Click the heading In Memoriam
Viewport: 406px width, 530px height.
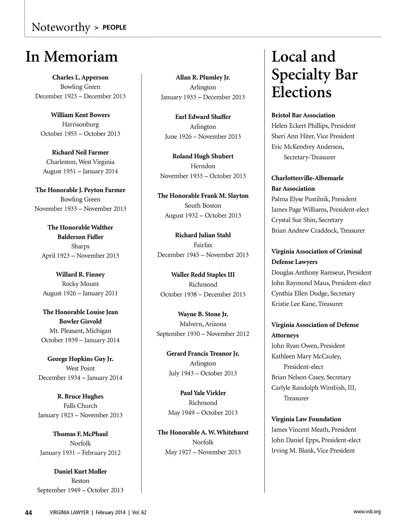click(72, 57)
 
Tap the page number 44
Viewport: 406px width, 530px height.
click(28, 513)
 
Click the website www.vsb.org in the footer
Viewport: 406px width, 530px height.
click(367, 512)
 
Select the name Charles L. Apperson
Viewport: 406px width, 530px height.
click(80, 78)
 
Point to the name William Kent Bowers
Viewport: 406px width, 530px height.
click(80, 115)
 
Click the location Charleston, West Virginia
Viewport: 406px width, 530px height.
click(80, 162)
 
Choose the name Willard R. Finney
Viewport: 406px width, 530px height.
click(80, 274)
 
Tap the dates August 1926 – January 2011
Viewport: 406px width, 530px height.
click(80, 293)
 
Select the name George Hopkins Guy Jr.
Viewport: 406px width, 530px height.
click(80, 359)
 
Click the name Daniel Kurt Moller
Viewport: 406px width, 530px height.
click(80, 471)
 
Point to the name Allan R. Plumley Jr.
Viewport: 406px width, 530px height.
click(203, 78)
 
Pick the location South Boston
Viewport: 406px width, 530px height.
click(203, 206)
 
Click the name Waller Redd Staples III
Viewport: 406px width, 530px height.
click(203, 275)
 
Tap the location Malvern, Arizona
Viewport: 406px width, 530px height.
click(203, 324)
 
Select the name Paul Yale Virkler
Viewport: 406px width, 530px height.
click(203, 393)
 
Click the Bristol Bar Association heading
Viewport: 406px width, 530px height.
click(303, 115)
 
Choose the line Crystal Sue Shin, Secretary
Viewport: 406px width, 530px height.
click(307, 220)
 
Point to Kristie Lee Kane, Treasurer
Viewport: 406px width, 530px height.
click(307, 304)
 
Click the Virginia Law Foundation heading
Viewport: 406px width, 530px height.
click(306, 419)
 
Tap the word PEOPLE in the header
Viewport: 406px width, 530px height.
click(114, 27)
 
